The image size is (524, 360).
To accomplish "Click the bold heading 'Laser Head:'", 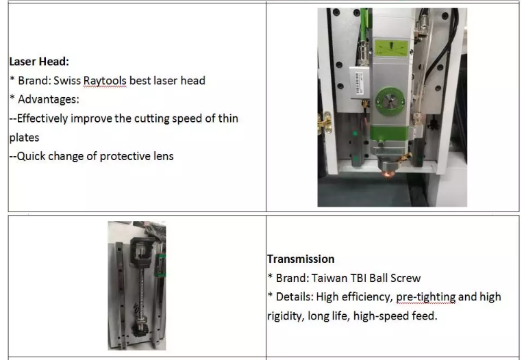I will (x=38, y=61).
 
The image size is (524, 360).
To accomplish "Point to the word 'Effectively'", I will (x=42, y=118).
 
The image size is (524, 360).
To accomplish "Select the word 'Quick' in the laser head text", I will (x=32, y=156).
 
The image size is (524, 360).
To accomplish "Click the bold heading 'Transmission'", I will (x=301, y=259).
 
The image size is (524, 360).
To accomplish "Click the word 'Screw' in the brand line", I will (x=406, y=278).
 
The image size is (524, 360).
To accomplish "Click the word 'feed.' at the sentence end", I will (x=423, y=316).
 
